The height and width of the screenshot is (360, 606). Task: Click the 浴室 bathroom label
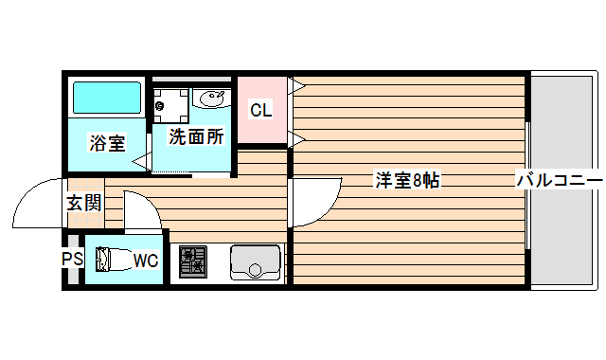107,143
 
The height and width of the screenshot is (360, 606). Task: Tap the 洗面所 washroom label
196,136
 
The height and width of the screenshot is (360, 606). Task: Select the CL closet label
260,110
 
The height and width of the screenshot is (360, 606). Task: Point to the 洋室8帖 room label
407,180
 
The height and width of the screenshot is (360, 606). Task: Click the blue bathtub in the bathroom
107,98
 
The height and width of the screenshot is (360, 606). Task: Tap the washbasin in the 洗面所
210,98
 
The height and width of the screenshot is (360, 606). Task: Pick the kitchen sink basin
255,262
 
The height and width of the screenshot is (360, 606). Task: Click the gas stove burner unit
193,261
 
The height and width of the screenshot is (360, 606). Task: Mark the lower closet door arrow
295,140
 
